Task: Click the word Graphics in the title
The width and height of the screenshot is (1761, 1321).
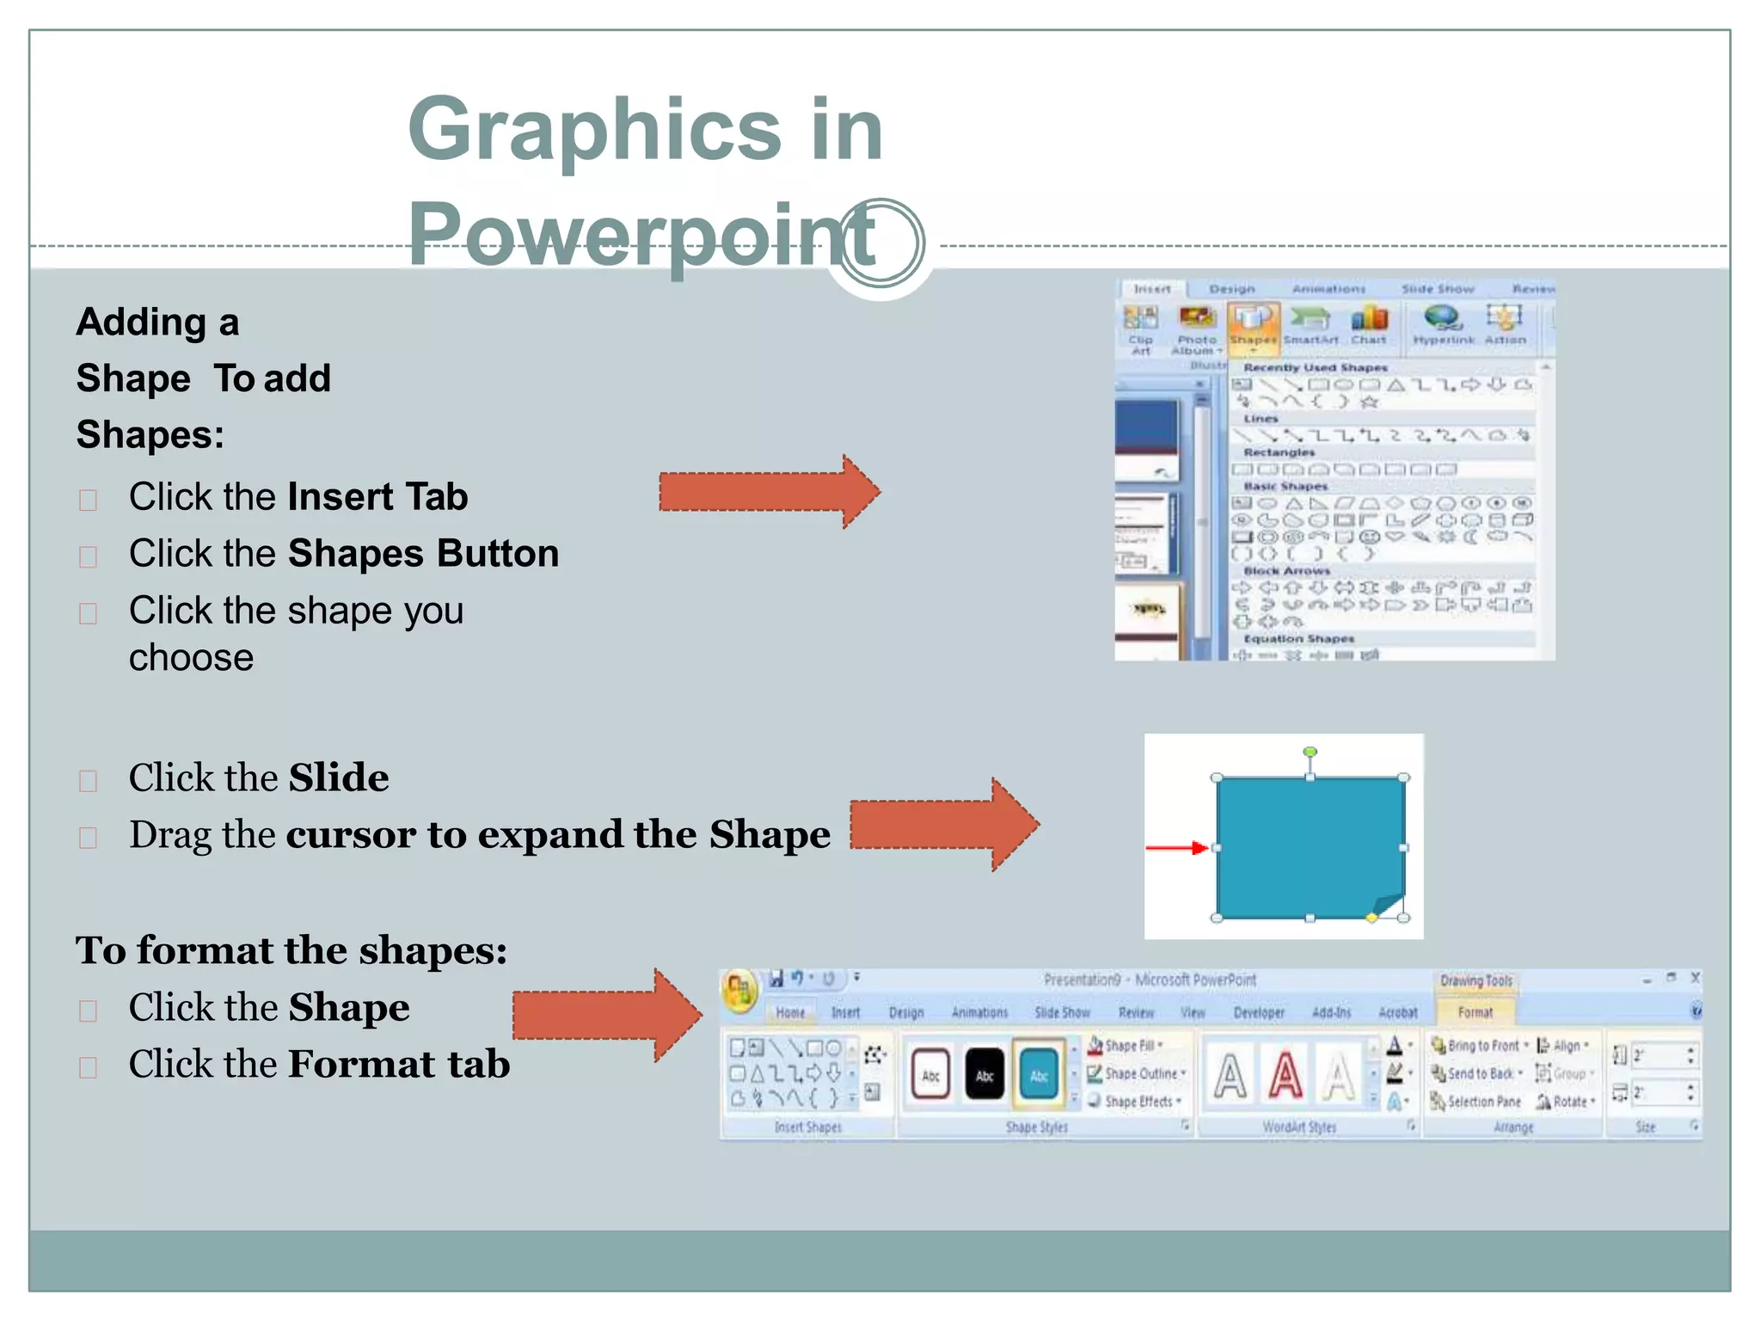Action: [593, 129]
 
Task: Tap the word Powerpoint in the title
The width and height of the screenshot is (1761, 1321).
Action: [641, 234]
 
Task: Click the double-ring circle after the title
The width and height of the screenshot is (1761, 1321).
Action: [880, 243]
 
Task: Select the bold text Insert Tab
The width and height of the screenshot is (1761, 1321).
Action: [377, 497]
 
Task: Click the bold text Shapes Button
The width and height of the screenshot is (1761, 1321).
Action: [423, 554]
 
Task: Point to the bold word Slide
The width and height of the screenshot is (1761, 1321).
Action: [339, 777]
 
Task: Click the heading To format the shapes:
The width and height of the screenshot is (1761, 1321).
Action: [291, 950]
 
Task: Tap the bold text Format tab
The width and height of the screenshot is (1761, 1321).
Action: [399, 1064]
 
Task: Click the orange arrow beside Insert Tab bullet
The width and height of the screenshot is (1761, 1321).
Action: [769, 492]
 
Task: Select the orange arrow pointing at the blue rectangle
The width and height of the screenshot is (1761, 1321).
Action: [943, 825]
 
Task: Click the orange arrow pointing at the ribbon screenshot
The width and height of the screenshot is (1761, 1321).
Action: [606, 1015]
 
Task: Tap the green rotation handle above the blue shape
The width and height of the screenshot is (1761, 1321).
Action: [1310, 753]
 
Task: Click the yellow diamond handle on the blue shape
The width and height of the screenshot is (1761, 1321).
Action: [1371, 918]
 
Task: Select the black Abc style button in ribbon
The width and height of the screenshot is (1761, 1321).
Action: [985, 1075]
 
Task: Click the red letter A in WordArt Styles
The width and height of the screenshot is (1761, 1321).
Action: [1285, 1075]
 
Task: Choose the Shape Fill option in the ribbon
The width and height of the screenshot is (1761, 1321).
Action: [1128, 1046]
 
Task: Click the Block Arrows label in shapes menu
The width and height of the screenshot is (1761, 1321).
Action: [1286, 571]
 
